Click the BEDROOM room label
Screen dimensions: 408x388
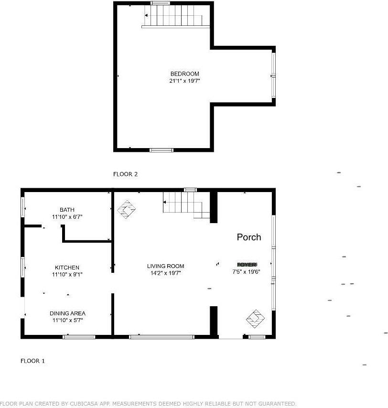click(184, 74)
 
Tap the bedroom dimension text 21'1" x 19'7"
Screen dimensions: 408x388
click(184, 81)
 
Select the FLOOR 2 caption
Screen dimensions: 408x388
click(125, 174)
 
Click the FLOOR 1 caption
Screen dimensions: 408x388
click(32, 361)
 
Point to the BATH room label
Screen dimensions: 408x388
click(67, 210)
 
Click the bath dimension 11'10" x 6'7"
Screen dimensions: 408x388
click(67, 217)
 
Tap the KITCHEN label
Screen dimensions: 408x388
click(67, 268)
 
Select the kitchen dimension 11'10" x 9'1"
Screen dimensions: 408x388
click(67, 274)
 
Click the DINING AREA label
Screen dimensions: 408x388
click(67, 313)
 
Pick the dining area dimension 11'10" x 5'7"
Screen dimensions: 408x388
click(67, 320)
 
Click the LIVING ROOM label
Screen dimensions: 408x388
click(165, 266)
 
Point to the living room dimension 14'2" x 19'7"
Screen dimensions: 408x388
click(165, 273)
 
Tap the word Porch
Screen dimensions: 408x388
click(249, 237)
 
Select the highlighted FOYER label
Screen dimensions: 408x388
click(247, 264)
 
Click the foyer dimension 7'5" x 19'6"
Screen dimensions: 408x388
click(247, 271)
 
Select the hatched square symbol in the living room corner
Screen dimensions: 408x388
click(127, 209)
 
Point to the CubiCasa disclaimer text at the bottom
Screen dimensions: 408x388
click(148, 404)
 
